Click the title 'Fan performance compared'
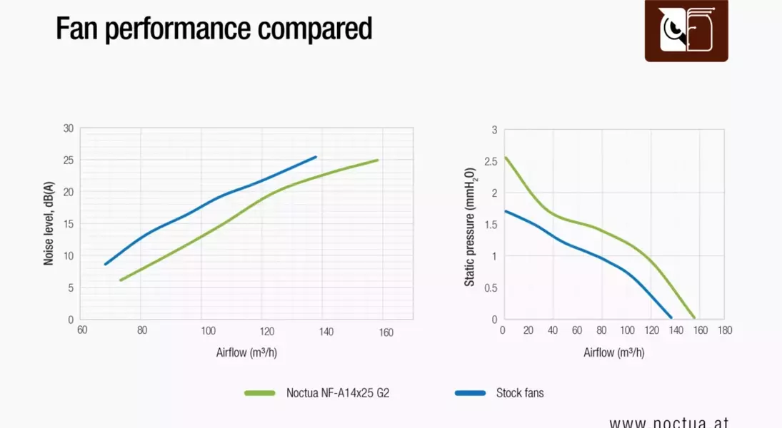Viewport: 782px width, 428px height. (x=214, y=29)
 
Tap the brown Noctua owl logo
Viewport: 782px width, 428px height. (x=686, y=30)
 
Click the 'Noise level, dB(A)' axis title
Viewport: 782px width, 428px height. (x=49, y=224)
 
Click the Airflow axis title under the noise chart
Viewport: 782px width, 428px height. (x=246, y=352)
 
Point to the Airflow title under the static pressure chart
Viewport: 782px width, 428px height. (x=613, y=352)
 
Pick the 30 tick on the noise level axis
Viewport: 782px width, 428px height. (x=68, y=128)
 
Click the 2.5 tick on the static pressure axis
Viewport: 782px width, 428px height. (x=490, y=161)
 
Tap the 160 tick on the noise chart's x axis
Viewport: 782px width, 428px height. (x=386, y=332)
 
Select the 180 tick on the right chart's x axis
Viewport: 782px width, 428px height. (x=725, y=330)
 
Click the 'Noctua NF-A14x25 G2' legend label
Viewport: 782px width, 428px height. (x=338, y=392)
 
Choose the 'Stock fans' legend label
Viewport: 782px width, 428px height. (x=520, y=392)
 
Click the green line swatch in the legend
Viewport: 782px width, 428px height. (x=259, y=392)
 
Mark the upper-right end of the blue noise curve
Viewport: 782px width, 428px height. (x=316, y=157)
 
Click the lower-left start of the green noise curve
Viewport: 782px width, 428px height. (x=121, y=280)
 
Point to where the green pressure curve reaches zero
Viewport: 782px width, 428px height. (x=693, y=318)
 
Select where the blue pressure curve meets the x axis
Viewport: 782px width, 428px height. (x=671, y=317)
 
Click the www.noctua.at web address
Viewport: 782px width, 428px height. (x=668, y=422)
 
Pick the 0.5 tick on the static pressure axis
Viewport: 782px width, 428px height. (x=490, y=287)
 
